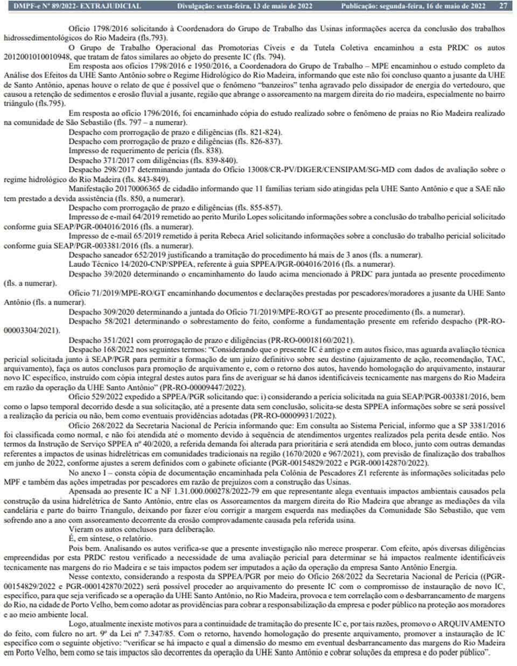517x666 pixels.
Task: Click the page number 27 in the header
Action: pos(503,6)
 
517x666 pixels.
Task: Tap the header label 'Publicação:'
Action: pos(361,6)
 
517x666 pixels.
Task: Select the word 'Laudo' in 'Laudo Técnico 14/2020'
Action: pos(79,264)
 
